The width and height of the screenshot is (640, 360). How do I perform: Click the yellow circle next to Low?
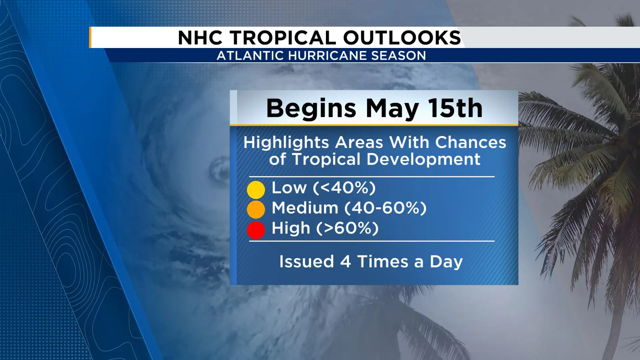(x=256, y=190)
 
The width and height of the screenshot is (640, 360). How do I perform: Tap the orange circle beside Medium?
(x=256, y=209)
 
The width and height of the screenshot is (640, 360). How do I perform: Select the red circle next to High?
(x=256, y=230)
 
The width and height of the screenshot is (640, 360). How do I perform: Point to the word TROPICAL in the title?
(x=283, y=37)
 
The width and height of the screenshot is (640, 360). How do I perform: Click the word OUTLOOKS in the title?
(x=402, y=37)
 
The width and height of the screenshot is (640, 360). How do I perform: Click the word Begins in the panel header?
(x=311, y=109)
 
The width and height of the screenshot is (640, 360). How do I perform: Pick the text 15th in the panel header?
(x=456, y=108)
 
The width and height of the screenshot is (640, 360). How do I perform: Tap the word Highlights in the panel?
(x=286, y=143)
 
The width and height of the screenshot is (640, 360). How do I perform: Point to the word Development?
(x=423, y=159)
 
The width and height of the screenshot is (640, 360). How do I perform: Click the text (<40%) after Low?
(x=344, y=188)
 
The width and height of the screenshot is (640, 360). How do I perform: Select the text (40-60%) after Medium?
(x=385, y=208)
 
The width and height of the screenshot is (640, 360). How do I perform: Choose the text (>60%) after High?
(x=347, y=228)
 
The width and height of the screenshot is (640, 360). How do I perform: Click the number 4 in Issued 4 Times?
(x=345, y=262)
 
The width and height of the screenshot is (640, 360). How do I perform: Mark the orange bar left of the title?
(x=90, y=37)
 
